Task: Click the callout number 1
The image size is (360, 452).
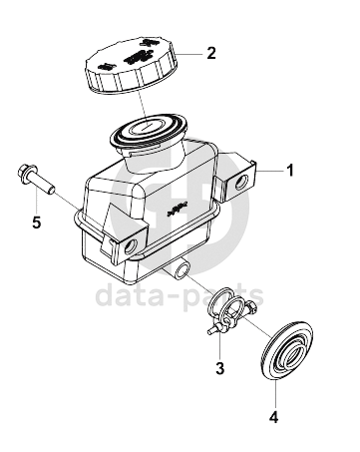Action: [x=290, y=171]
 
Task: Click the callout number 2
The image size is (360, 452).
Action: [x=211, y=53]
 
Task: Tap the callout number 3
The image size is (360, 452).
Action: [x=219, y=368]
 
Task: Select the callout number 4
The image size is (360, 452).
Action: [x=273, y=417]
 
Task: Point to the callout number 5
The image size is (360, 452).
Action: [x=37, y=223]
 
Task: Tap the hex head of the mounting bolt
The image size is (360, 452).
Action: [x=24, y=172]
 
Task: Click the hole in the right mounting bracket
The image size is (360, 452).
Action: [x=240, y=182]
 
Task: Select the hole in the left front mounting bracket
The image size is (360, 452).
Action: [x=130, y=246]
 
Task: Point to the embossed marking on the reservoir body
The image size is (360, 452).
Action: [x=178, y=209]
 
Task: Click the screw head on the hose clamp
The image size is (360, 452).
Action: [x=251, y=306]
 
